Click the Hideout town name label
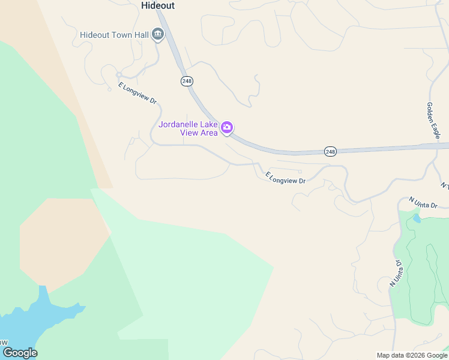158,5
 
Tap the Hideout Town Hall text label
114,35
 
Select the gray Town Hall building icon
158,34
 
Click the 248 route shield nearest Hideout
185,80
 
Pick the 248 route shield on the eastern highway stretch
330,151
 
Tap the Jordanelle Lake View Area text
188,128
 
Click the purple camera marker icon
227,127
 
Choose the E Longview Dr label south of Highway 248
286,178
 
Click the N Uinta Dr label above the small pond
424,202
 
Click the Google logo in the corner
20,353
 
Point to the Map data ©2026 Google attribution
412,355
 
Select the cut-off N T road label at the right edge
444,185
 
